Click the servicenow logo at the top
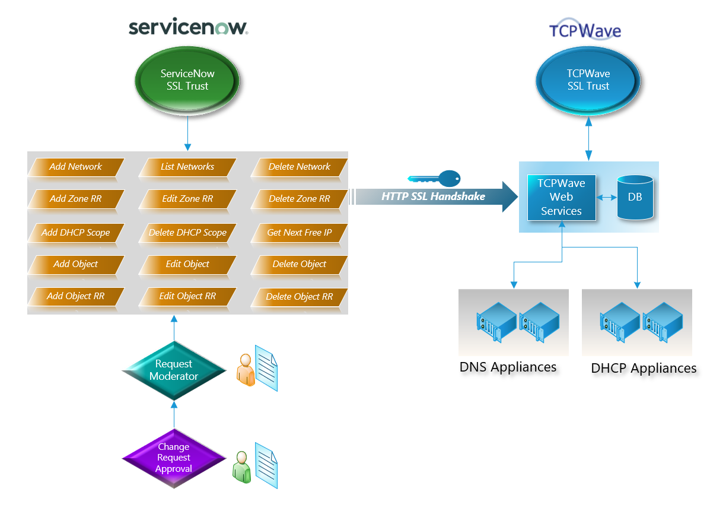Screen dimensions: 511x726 point(188,28)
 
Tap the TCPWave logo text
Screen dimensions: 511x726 point(585,30)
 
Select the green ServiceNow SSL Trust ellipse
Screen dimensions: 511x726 point(187,80)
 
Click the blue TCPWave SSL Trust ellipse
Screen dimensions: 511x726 point(588,80)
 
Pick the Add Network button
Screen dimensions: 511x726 point(75,167)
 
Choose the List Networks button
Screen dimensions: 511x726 point(187,167)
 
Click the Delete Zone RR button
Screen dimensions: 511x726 point(299,199)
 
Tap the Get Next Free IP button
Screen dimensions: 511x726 point(299,232)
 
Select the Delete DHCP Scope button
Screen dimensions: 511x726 point(187,232)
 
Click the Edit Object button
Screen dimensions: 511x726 point(187,264)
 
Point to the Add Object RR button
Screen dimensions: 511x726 point(75,296)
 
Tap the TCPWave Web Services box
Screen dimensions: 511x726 point(561,198)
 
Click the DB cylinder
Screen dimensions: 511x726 point(635,197)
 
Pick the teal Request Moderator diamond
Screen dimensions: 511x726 point(174,370)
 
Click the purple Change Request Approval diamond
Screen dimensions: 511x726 point(174,458)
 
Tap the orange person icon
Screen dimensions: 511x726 point(245,370)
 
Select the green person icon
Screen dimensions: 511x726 point(241,466)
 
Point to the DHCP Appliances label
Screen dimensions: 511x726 point(644,369)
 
